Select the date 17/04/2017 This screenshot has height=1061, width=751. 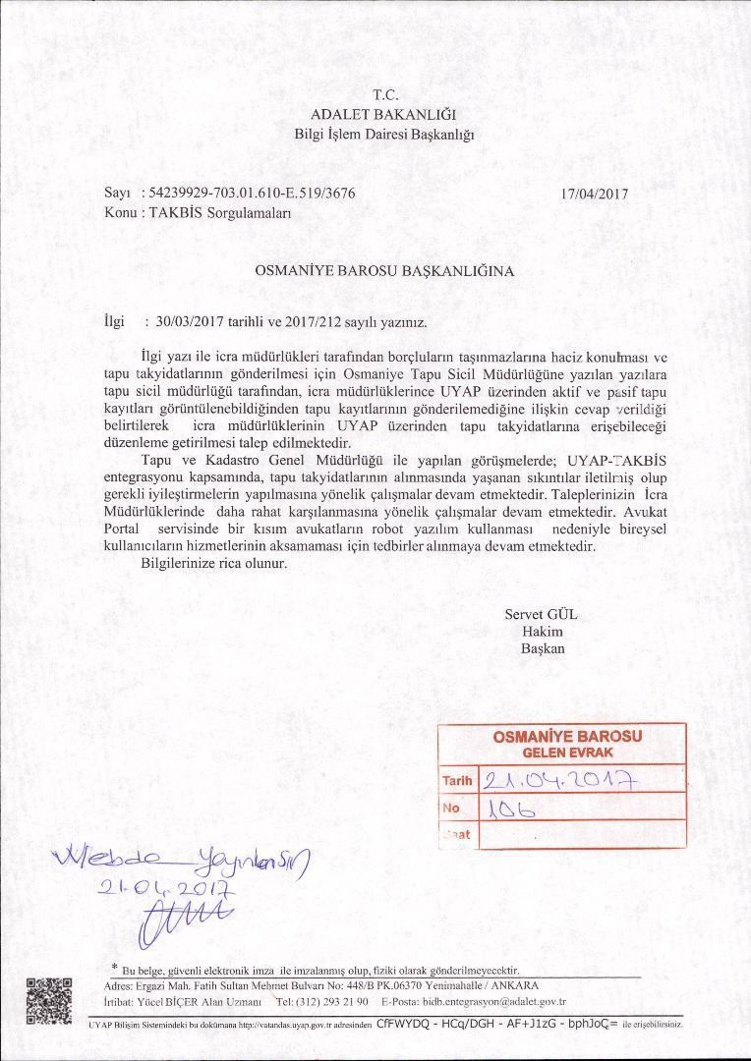click(594, 194)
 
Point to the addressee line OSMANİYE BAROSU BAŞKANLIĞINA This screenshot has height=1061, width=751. click(384, 268)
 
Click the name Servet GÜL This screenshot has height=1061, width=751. click(542, 614)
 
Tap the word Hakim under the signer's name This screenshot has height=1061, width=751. click(542, 632)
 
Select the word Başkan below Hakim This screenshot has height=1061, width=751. click(543, 648)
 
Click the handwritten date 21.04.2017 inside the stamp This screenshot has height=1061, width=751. click(558, 781)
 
